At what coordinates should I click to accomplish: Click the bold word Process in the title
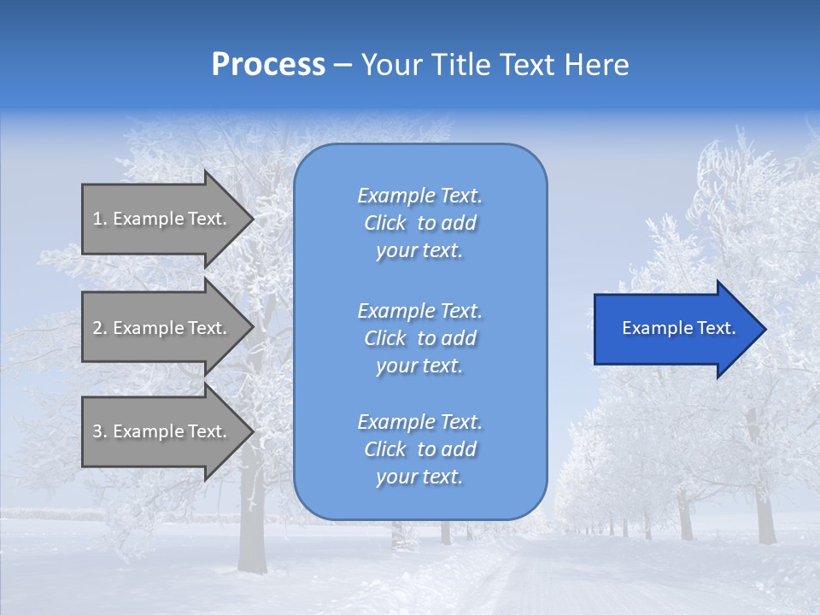268,65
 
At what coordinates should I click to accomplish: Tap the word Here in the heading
595,65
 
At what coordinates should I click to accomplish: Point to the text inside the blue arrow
678,328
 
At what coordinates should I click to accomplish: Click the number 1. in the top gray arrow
100,219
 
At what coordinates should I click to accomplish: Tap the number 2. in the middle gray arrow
100,328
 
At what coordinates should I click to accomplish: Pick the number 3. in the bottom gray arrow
100,431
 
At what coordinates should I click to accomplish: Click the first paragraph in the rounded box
419,223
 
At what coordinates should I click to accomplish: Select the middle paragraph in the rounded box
419,338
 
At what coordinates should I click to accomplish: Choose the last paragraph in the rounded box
419,449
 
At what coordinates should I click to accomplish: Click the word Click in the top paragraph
385,224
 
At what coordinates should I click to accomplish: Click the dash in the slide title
343,66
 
